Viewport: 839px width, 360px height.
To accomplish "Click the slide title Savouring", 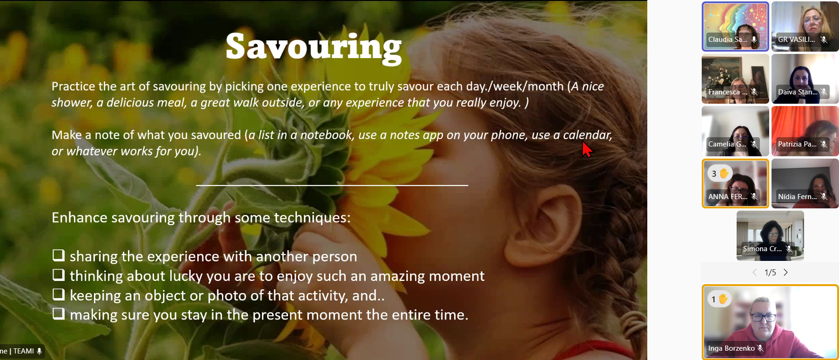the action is [314, 47].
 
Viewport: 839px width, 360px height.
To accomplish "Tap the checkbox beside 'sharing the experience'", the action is [59, 255].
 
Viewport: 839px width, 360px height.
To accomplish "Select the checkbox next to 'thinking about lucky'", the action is [59, 275].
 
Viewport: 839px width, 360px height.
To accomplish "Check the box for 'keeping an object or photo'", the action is [59, 294].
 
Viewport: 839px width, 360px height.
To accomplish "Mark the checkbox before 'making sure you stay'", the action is [59, 314].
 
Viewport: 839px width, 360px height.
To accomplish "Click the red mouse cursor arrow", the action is [587, 149].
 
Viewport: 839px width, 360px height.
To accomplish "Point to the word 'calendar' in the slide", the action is [587, 135].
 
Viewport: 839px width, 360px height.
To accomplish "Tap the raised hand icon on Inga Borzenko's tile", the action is [723, 299].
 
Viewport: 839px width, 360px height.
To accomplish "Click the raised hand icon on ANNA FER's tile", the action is [724, 173].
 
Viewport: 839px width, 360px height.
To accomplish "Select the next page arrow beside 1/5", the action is [785, 273].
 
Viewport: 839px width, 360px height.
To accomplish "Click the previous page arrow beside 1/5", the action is [755, 273].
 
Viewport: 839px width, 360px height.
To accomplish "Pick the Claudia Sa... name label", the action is [728, 40].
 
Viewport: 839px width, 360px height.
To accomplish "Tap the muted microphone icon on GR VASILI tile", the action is [824, 40].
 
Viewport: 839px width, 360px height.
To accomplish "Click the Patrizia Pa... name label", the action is [797, 144].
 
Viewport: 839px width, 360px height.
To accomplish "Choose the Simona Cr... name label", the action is [762, 249].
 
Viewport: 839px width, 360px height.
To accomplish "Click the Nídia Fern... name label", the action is [797, 197].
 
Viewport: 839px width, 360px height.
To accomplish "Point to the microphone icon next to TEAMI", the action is [40, 351].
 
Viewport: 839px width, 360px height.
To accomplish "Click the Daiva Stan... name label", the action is [798, 92].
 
